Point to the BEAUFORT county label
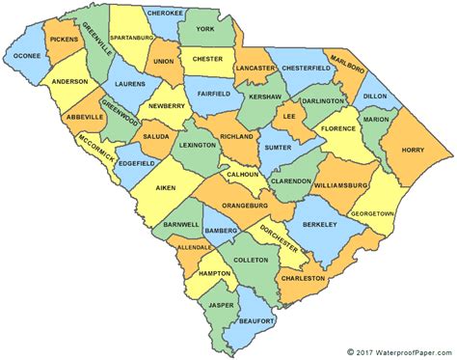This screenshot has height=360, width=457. (259, 319)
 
